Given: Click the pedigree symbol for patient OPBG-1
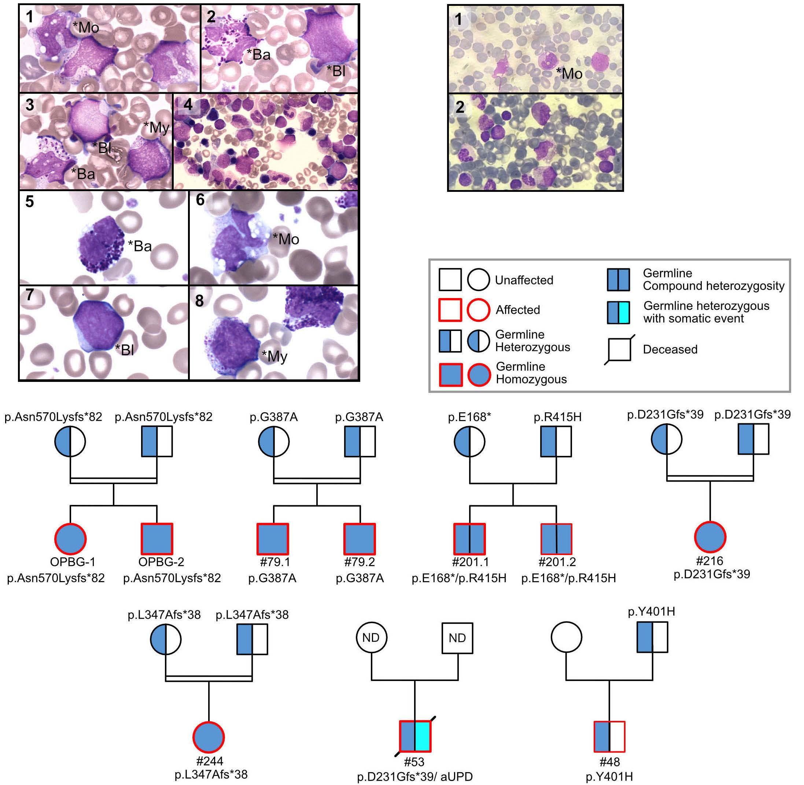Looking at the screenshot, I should [x=70, y=539].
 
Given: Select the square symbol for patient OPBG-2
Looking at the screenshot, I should [x=157, y=539].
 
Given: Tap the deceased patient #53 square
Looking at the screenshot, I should [x=415, y=736].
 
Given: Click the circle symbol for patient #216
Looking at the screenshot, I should [x=710, y=537].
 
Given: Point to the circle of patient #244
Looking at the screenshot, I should [x=209, y=737].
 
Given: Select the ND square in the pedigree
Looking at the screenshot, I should [x=457, y=638].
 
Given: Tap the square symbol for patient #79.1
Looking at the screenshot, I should [x=273, y=539].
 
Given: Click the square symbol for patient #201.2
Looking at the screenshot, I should [x=556, y=539].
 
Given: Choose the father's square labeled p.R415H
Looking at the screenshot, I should [x=556, y=442].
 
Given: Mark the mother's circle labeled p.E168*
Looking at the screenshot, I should [x=470, y=442].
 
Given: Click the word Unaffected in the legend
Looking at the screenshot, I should [x=524, y=280].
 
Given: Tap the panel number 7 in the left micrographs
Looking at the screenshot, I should [x=30, y=295].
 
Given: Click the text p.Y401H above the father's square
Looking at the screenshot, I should [x=651, y=611].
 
